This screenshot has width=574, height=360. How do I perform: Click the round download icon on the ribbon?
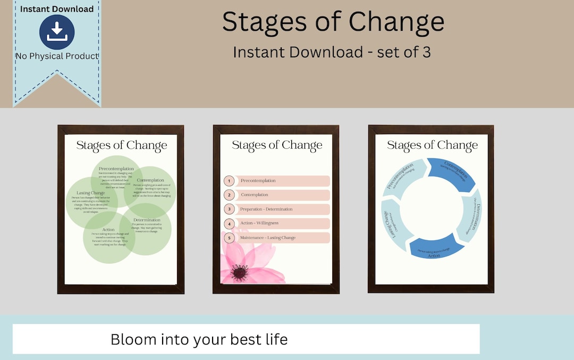(57, 32)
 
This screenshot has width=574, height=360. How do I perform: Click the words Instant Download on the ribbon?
(57, 9)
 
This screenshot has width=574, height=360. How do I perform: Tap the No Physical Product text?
(57, 56)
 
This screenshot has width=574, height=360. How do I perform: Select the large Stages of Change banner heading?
(333, 22)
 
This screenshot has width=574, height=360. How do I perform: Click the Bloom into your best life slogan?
(199, 339)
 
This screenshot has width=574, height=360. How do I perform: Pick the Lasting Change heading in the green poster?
(90, 193)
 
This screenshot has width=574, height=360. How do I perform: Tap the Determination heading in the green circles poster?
(147, 220)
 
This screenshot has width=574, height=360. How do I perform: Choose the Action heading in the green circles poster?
(108, 230)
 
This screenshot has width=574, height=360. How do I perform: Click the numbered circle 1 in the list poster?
(230, 181)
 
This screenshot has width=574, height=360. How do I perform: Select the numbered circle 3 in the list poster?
(230, 210)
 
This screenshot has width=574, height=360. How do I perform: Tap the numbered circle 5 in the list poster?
(230, 238)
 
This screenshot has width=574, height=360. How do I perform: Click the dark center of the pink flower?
(240, 273)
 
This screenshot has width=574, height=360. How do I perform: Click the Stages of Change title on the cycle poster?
(432, 145)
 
